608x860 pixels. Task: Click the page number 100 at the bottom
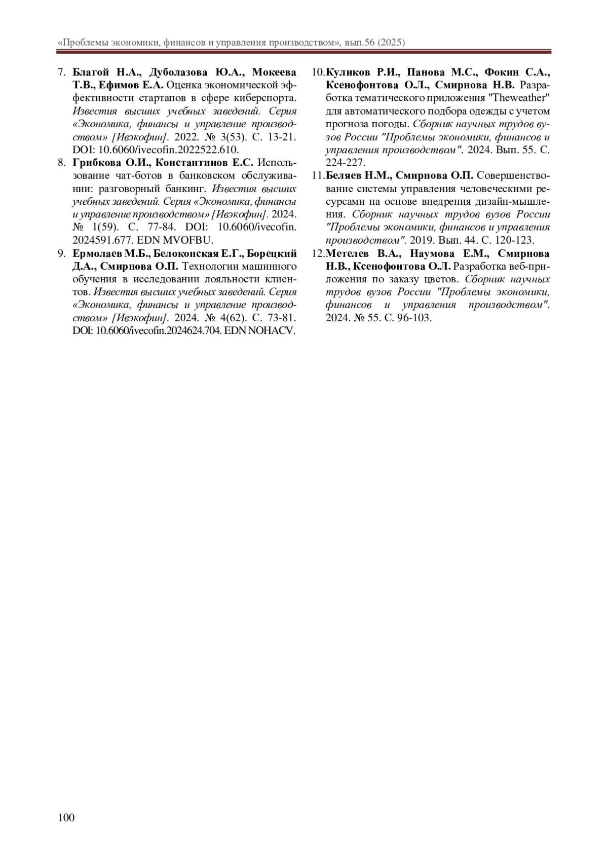coord(66,817)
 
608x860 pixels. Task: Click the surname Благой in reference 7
coord(89,71)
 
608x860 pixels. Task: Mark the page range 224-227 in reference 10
coord(345,162)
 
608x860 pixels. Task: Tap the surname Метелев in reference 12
coord(347,253)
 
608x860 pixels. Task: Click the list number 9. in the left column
coord(61,253)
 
